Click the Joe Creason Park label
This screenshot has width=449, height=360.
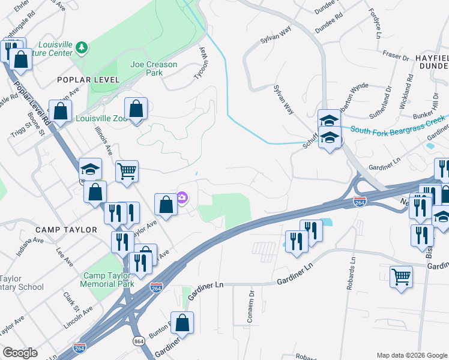(x=146, y=68)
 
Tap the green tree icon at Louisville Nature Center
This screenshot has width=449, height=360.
(x=82, y=47)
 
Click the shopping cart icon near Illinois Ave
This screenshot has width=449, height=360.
(x=127, y=172)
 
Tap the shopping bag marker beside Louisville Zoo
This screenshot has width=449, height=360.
(x=136, y=109)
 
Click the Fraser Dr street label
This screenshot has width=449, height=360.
(x=396, y=55)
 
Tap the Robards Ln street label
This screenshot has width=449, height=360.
(x=351, y=274)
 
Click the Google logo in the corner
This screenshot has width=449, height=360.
(x=20, y=353)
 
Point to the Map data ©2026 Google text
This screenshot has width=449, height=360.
(x=411, y=355)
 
